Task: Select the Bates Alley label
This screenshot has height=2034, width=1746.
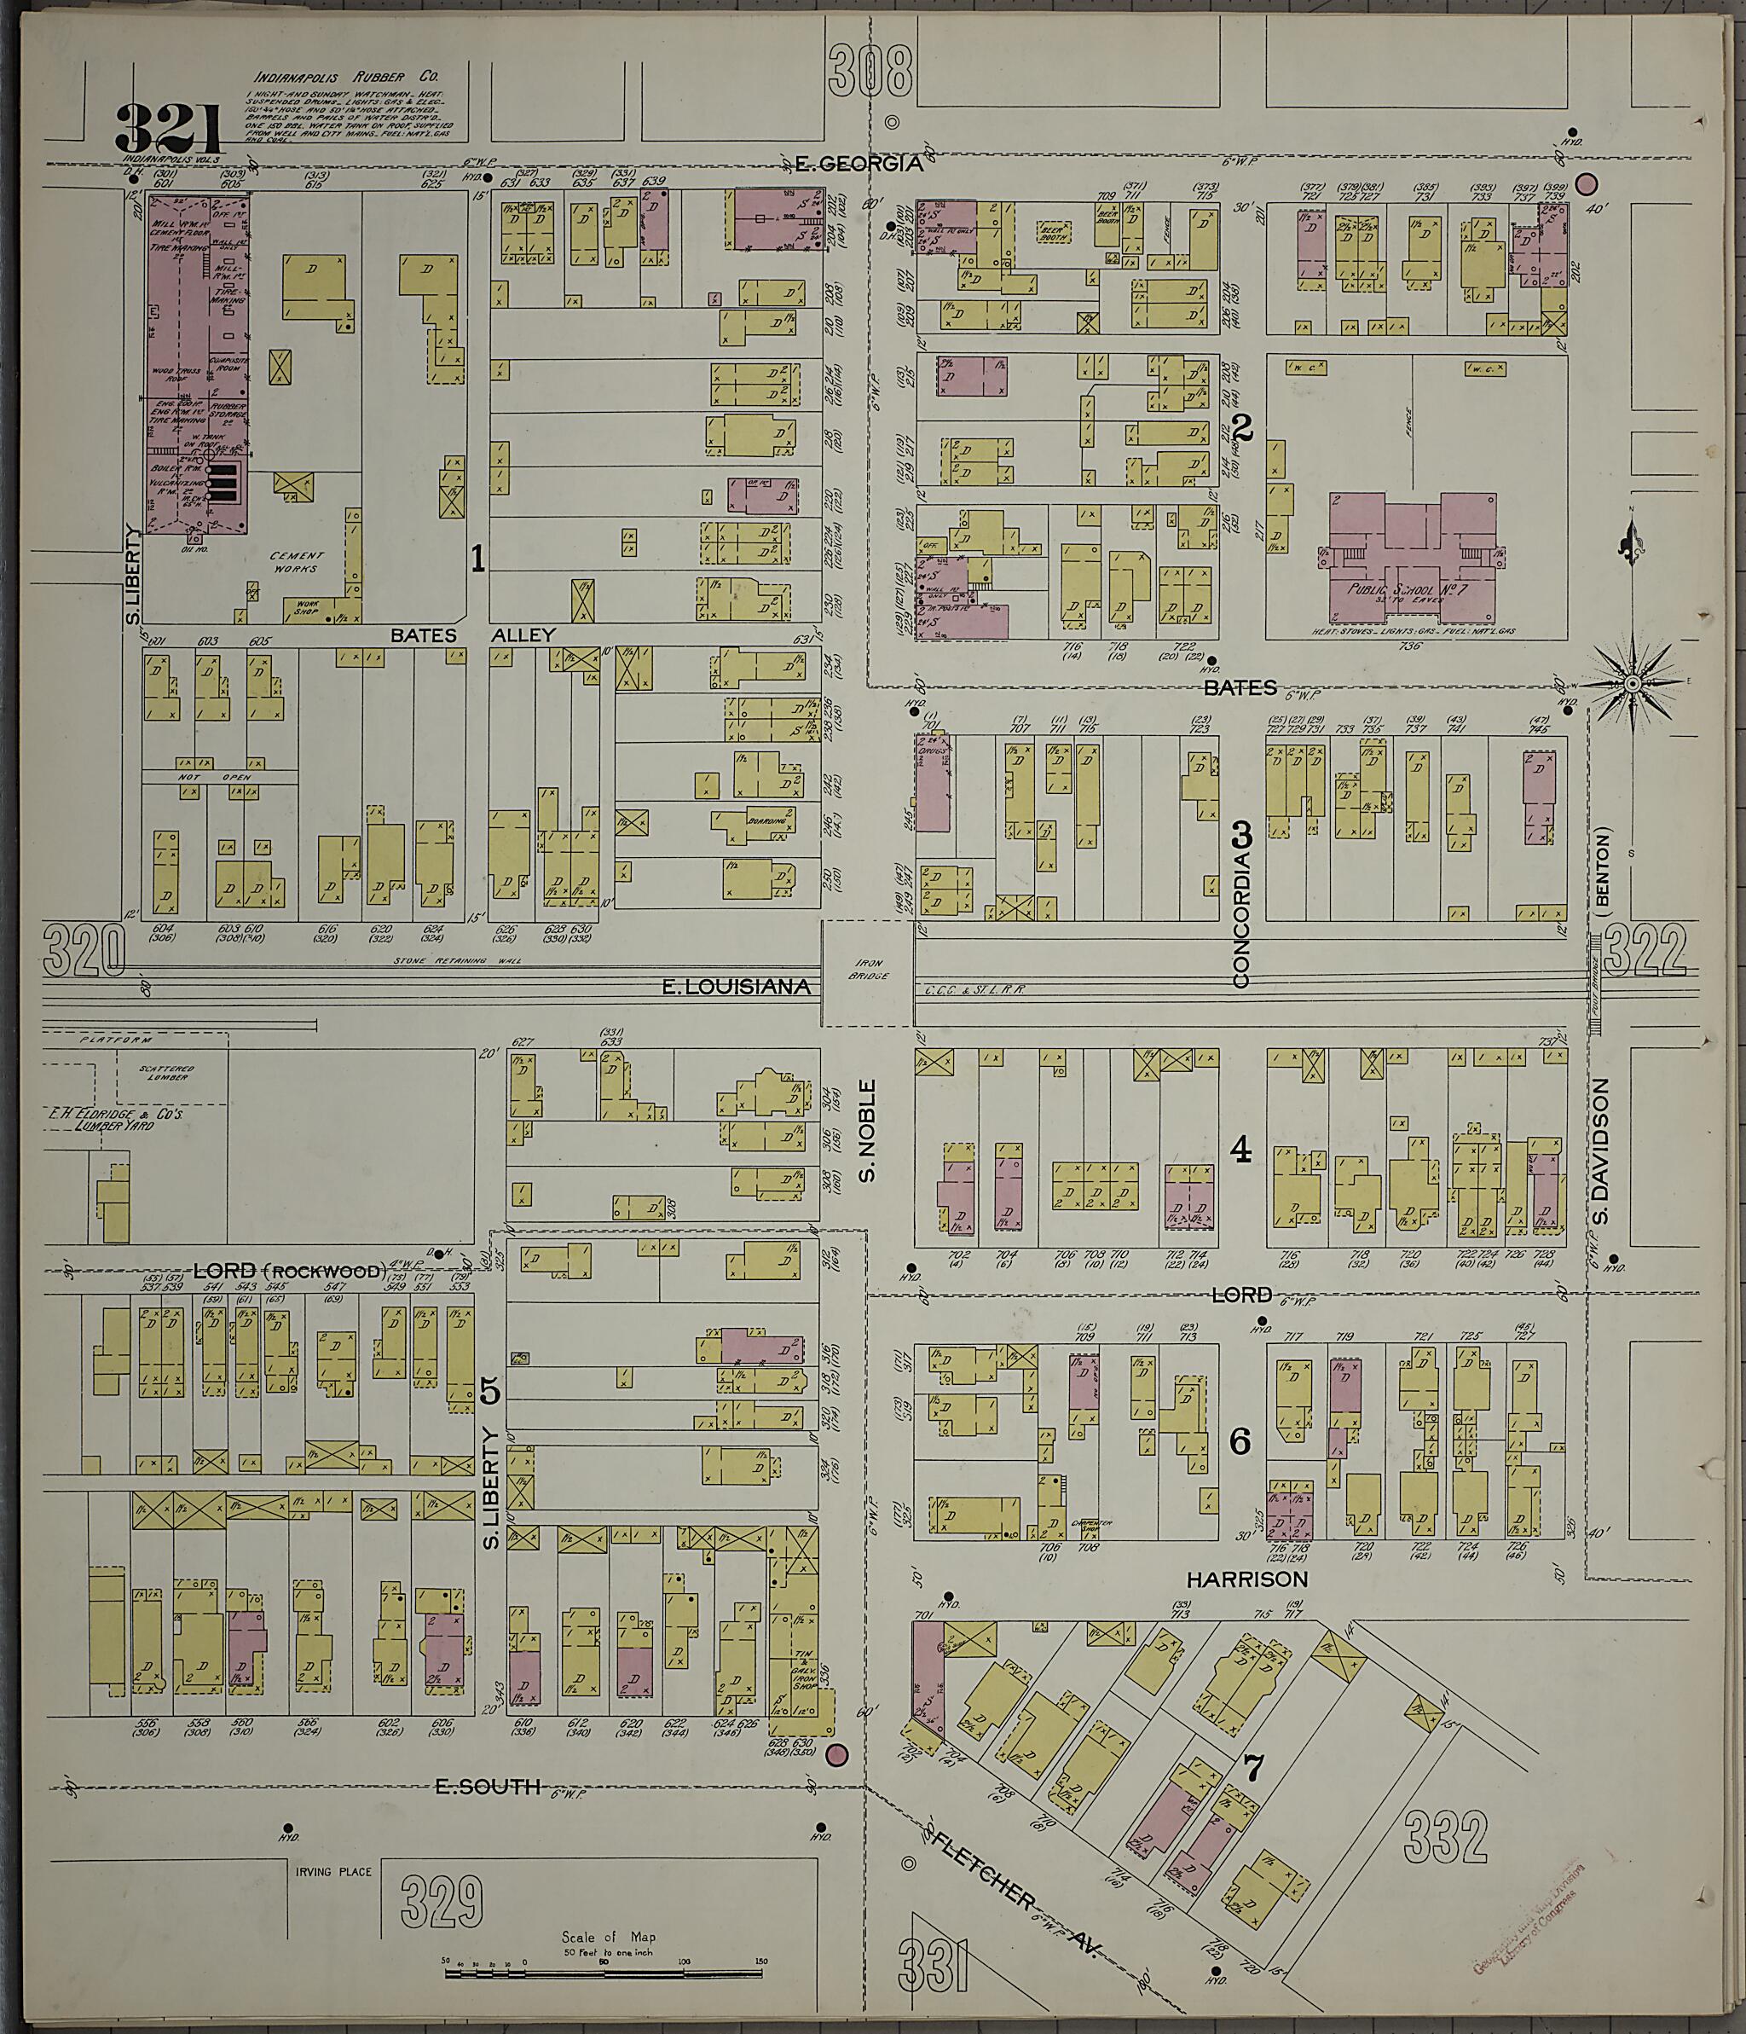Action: click(474, 635)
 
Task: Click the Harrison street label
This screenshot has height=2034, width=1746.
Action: click(1246, 1579)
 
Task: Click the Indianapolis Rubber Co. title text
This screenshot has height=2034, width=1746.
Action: click(346, 78)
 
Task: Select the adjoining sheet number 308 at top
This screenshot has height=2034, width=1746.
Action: click(870, 72)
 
